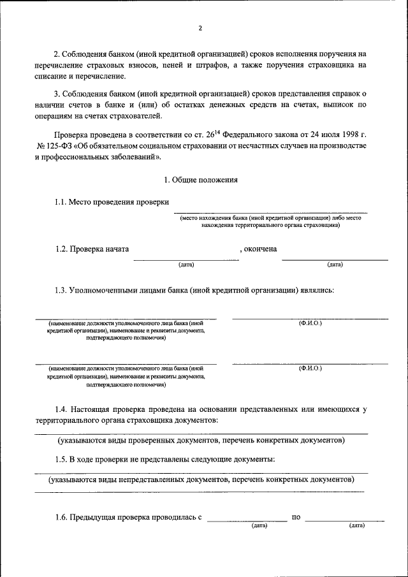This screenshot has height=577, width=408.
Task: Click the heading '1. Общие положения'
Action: pyautogui.click(x=201, y=180)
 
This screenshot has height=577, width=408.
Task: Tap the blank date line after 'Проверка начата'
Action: pyautogui.click(x=186, y=258)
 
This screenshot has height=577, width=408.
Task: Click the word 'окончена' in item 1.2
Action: pyautogui.click(x=260, y=249)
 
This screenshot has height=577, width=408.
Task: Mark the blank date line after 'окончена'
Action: pyautogui.click(x=335, y=258)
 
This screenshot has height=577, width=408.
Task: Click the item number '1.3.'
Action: pyautogui.click(x=61, y=291)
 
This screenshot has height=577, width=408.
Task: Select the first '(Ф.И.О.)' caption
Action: pyautogui.click(x=310, y=323)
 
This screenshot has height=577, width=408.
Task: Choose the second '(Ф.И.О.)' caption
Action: pyautogui.click(x=310, y=369)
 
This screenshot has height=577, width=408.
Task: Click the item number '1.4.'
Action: pyautogui.click(x=61, y=409)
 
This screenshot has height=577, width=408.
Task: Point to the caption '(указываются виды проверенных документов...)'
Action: pyautogui.click(x=201, y=440)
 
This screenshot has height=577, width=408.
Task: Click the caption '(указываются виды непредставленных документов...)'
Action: pyautogui.click(x=201, y=478)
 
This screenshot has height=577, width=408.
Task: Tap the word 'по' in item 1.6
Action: pyautogui.click(x=296, y=517)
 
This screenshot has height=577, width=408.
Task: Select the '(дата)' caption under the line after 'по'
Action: pyautogui.click(x=356, y=526)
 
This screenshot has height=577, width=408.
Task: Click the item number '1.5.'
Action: pyautogui.click(x=61, y=459)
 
